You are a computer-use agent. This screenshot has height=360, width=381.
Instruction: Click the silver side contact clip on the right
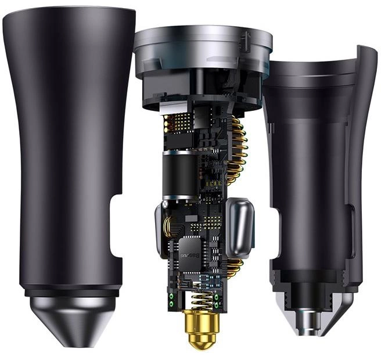(240, 228)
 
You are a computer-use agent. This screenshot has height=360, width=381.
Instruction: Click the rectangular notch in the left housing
(116, 226)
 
